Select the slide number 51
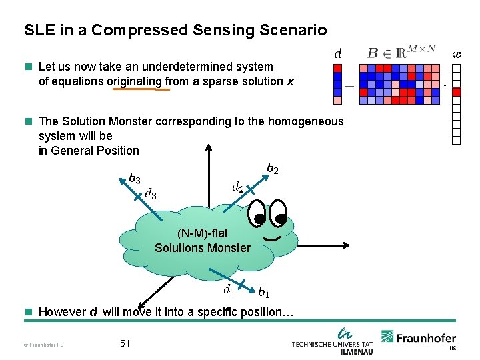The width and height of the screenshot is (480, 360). coord(125,343)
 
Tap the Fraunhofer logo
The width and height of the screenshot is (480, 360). coord(419,339)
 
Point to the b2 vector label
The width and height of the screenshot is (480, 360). coord(273,169)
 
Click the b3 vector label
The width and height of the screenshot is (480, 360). coord(134,179)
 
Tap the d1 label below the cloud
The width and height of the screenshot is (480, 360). coord(229,289)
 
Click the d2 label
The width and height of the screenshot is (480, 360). coord(237,187)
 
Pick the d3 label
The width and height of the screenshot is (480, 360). coord(151,194)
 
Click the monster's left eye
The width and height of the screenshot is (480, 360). coord(257,214)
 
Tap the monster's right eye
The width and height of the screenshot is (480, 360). coord(278,215)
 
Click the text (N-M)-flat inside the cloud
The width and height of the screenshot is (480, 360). coord(202,233)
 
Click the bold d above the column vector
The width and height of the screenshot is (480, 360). coord(338,53)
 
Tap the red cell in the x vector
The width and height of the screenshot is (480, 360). coord(457,92)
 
